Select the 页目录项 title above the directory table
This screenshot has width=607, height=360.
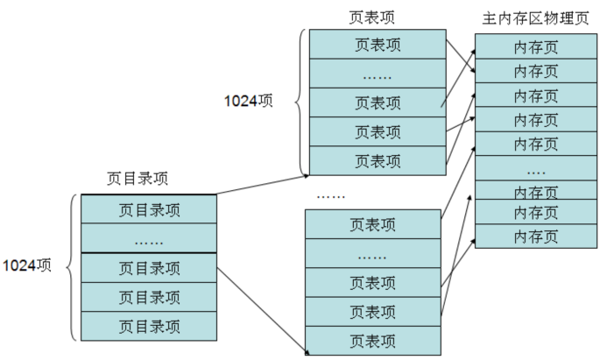[138, 178]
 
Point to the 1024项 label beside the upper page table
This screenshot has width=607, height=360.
[249, 101]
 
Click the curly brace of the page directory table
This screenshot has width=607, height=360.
[72, 267]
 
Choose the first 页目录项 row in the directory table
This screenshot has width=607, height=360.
[148, 209]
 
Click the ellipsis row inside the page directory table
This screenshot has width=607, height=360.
[148, 238]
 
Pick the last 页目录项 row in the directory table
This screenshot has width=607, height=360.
[148, 326]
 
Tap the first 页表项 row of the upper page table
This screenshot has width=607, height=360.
[378, 45]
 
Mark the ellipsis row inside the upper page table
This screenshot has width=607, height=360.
[378, 74]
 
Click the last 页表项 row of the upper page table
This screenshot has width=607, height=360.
[378, 160]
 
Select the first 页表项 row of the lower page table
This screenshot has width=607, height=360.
[372, 224]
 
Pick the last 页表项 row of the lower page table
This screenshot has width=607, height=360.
[372, 340]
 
